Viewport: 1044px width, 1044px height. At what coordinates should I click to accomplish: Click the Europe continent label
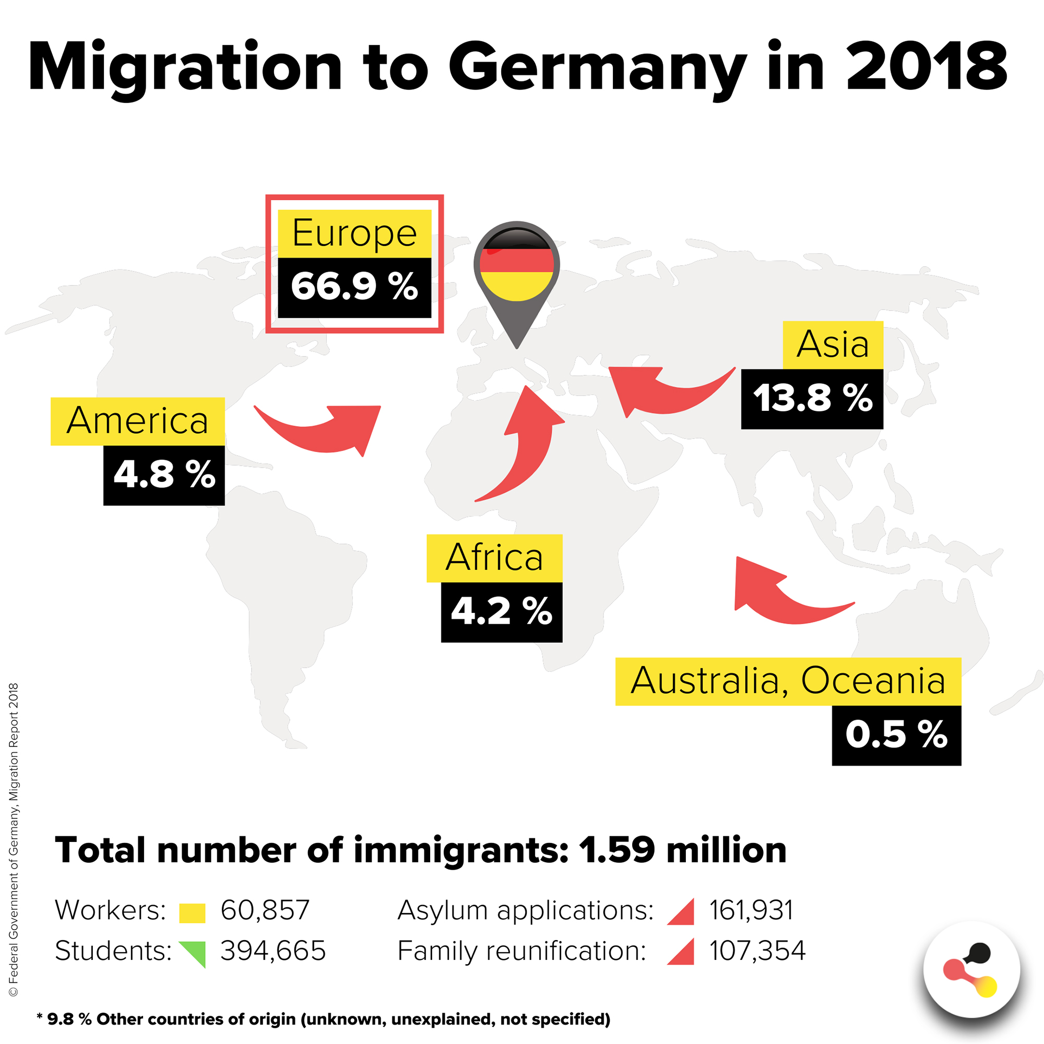coord(354,233)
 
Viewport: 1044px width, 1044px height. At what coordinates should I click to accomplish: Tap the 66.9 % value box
coord(354,287)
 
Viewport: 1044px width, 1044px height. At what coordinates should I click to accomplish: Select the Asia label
coord(833,345)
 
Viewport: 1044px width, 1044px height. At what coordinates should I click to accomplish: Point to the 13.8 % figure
coord(812,399)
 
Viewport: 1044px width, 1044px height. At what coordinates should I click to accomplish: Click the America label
coord(137,421)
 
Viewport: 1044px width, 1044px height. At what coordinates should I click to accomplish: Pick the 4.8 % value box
coord(164,475)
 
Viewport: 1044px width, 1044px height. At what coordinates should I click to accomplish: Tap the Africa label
coord(494,557)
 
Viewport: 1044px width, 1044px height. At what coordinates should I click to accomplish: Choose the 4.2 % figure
coord(501,612)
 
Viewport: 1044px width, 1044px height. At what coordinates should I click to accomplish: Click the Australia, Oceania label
coord(788,681)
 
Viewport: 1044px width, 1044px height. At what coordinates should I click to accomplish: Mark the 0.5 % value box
coord(896,735)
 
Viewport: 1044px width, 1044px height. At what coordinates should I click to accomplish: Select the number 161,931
coord(751,910)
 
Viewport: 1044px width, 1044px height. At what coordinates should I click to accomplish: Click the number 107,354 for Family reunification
coord(757,951)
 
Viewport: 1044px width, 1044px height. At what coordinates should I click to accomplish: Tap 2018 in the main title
coord(926,67)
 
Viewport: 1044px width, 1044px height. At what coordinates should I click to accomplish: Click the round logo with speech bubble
coord(971,969)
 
